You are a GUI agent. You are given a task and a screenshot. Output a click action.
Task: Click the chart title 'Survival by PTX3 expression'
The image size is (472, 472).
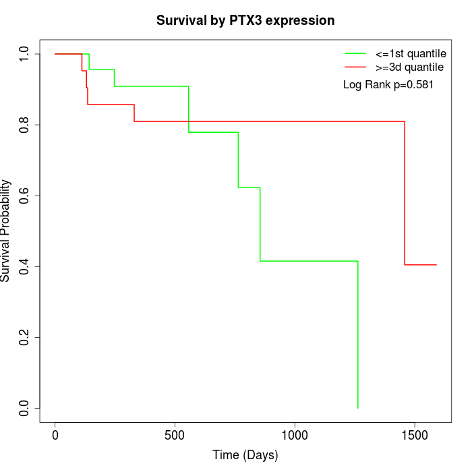(x=245, y=20)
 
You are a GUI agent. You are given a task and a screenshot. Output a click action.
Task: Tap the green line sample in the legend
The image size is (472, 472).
(x=355, y=53)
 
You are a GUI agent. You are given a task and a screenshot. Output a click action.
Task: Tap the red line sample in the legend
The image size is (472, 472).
(x=355, y=67)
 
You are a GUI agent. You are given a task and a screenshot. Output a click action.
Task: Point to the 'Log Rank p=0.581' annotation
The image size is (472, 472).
(x=388, y=85)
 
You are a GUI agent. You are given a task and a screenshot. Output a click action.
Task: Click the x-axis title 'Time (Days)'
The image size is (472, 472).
(x=245, y=455)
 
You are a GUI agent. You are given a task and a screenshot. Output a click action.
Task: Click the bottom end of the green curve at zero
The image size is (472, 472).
(x=357, y=408)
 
